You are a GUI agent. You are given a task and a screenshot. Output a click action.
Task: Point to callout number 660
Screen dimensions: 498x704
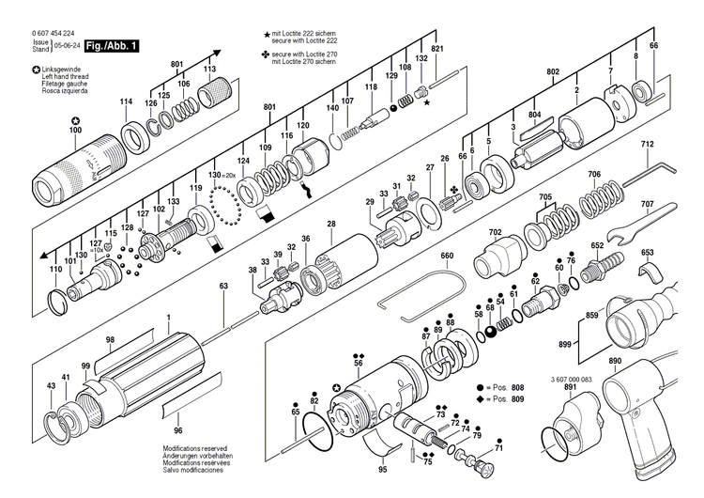tap(447, 256)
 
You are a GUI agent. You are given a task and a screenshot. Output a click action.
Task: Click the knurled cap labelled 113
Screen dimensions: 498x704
tap(216, 94)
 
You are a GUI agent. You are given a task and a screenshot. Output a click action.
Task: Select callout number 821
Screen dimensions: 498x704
tap(436, 48)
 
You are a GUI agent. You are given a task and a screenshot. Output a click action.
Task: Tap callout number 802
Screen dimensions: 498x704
tap(553, 71)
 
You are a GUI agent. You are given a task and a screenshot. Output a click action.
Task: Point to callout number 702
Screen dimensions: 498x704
tap(495, 232)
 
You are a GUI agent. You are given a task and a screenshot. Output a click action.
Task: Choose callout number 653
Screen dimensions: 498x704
tap(647, 253)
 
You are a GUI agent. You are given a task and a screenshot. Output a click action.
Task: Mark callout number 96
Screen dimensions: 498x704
tap(178, 429)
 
